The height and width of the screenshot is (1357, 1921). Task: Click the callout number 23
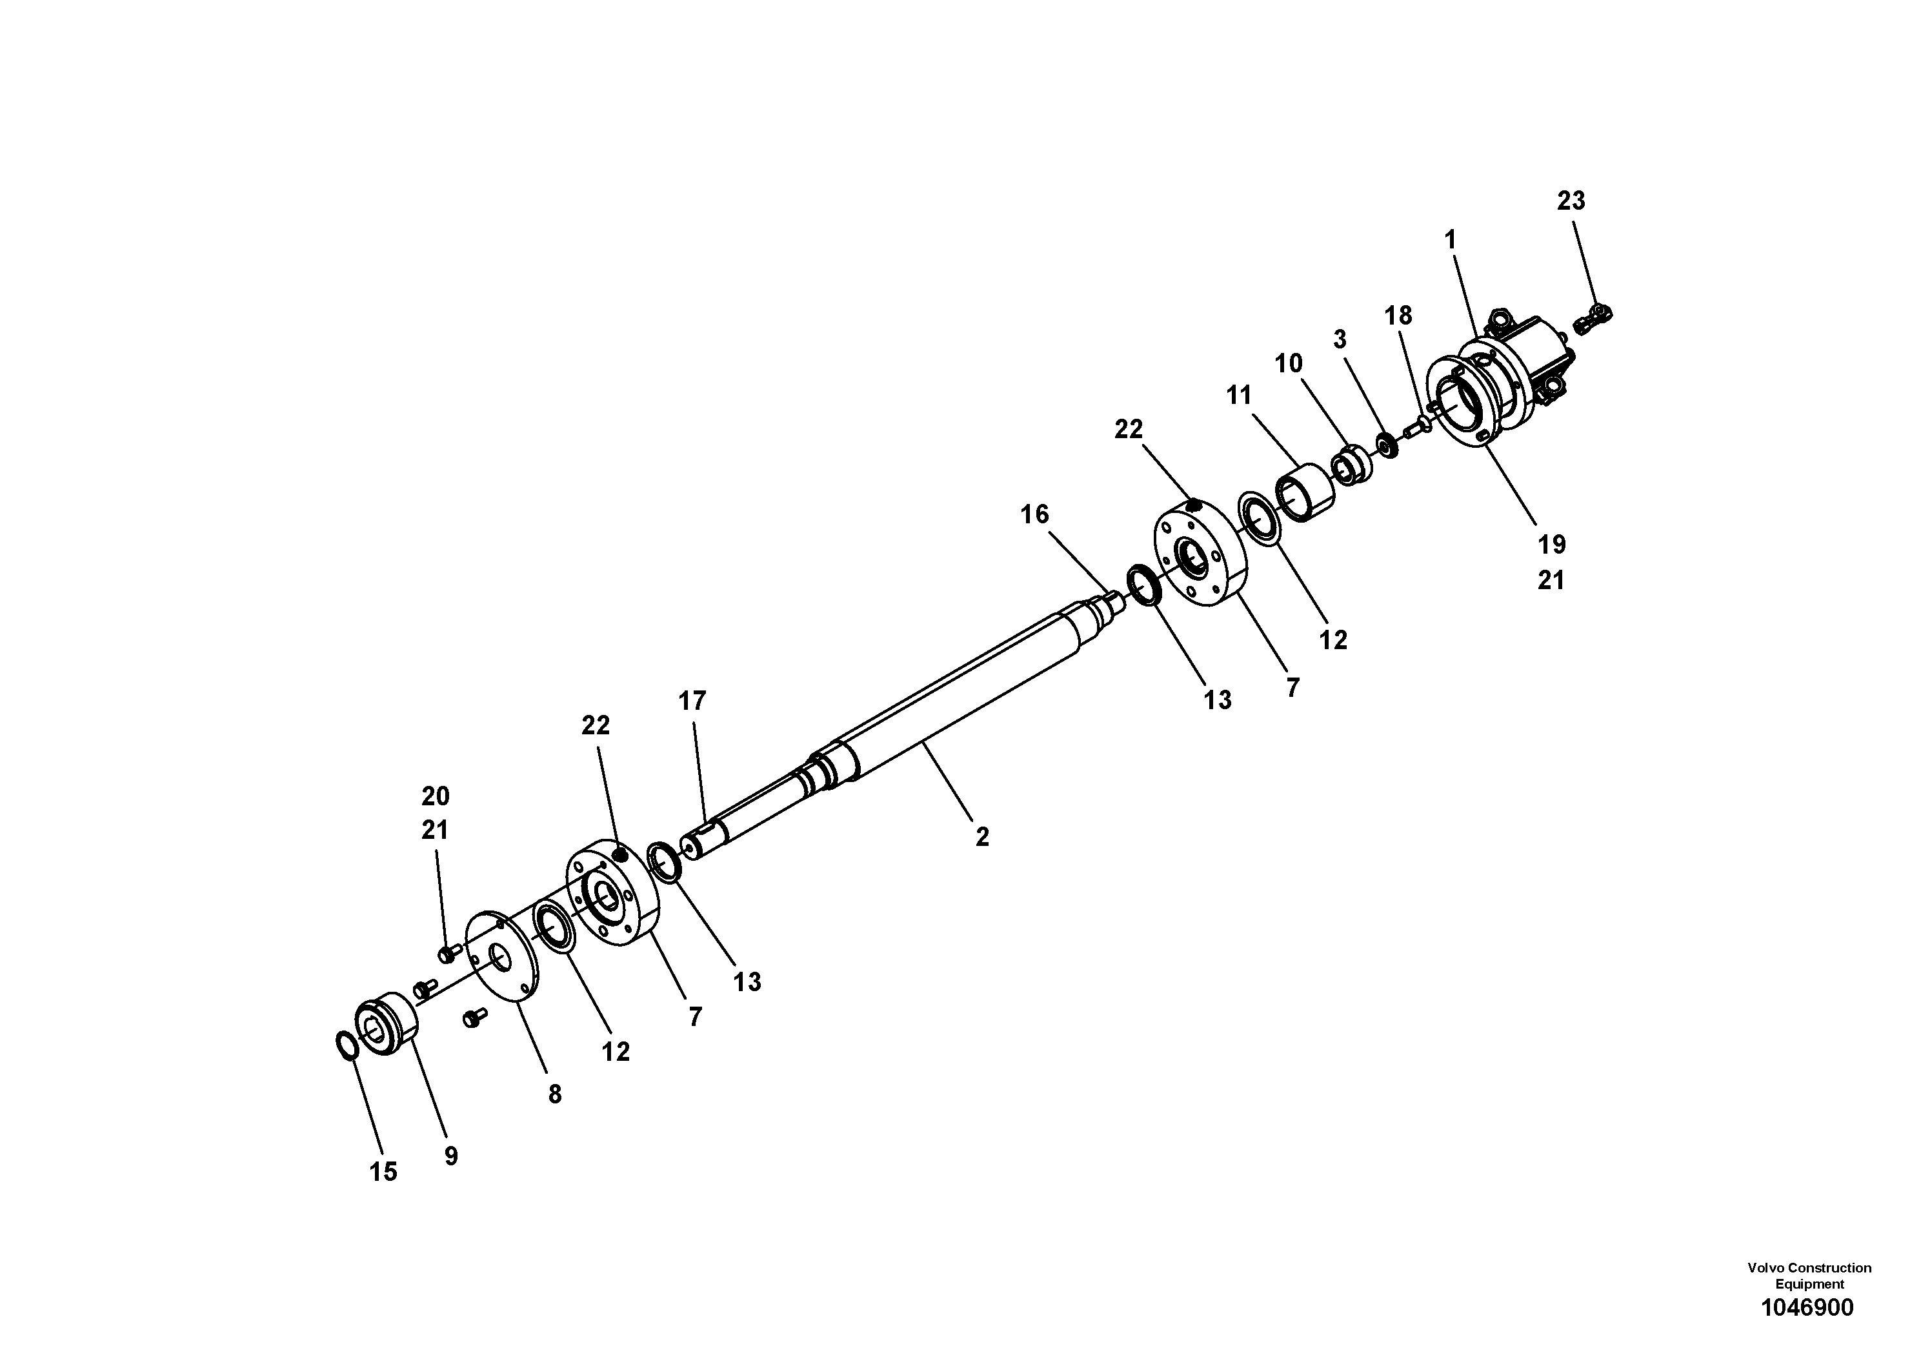1571,201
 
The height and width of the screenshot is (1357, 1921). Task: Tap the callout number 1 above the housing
1450,240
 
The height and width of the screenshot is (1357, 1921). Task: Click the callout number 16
1034,514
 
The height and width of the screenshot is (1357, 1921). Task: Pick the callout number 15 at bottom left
383,1171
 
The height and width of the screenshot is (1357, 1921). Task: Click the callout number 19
1551,545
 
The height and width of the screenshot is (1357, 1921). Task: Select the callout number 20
435,795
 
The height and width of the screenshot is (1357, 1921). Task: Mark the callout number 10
1289,363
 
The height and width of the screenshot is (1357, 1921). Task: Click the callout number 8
555,1094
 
